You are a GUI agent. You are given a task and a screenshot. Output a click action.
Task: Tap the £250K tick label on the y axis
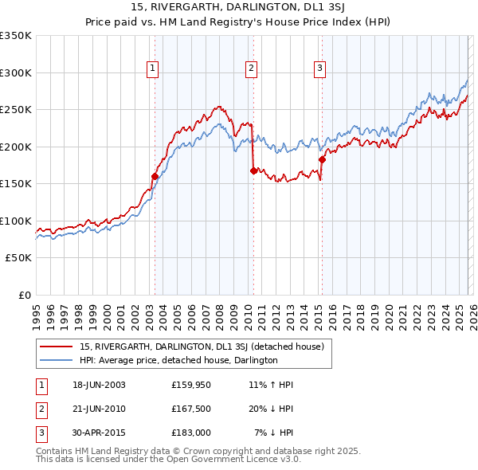point(16,110)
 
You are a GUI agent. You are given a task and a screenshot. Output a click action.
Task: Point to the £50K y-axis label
point(18,258)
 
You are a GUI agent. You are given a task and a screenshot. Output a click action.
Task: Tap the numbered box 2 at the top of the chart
point(251,69)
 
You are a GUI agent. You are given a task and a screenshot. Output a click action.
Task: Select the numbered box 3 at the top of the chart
point(319,69)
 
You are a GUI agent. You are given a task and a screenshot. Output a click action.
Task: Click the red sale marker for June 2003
point(155,176)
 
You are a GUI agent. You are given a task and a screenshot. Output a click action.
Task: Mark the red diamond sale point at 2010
point(253,170)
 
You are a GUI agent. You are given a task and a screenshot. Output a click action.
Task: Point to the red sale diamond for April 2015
point(322,159)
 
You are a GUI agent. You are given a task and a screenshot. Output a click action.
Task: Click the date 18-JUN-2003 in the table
point(99,385)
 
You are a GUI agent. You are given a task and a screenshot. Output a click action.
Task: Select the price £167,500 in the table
point(191,409)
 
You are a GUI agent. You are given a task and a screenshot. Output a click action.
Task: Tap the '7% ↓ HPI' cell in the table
point(274,433)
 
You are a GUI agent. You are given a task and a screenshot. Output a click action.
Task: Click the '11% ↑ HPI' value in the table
point(271,385)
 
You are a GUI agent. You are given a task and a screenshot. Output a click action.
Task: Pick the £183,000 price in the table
point(191,433)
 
